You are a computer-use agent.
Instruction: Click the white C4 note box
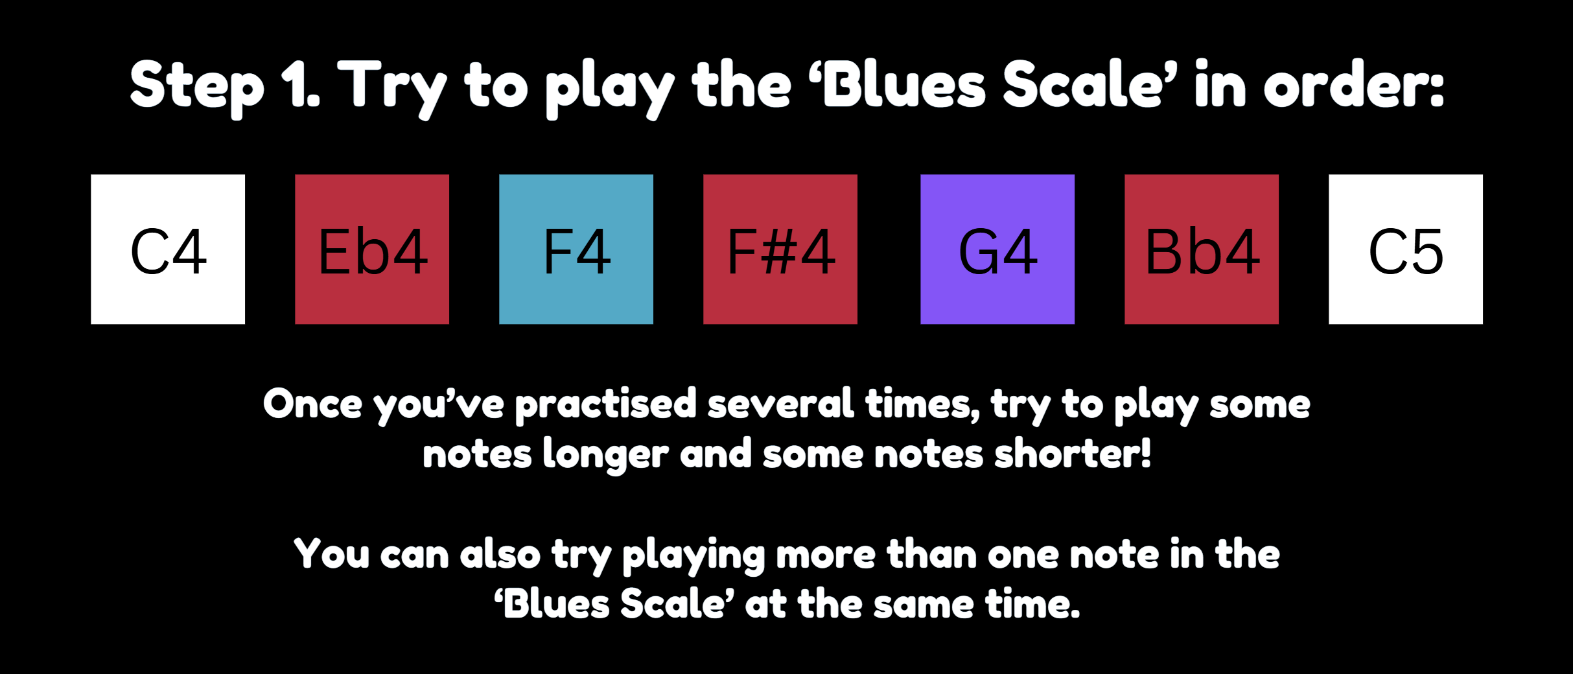pyautogui.click(x=168, y=249)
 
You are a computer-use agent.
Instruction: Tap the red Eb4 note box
pyautogui.click(x=372, y=249)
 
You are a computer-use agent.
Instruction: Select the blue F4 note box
pyautogui.click(x=576, y=249)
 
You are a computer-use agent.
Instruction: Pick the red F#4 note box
pyautogui.click(x=780, y=249)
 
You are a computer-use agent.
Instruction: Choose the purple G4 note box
pyautogui.click(x=997, y=249)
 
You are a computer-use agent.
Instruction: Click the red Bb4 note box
pyautogui.click(x=1202, y=249)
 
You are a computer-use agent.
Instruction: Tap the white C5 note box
pyautogui.click(x=1406, y=249)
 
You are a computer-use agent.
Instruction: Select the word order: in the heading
pyautogui.click(x=1354, y=84)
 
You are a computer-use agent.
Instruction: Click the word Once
pyautogui.click(x=312, y=404)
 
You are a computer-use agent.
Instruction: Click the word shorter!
pyautogui.click(x=1073, y=453)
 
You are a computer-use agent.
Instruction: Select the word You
pyautogui.click(x=331, y=554)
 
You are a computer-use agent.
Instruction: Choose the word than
pyautogui.click(x=932, y=554)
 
